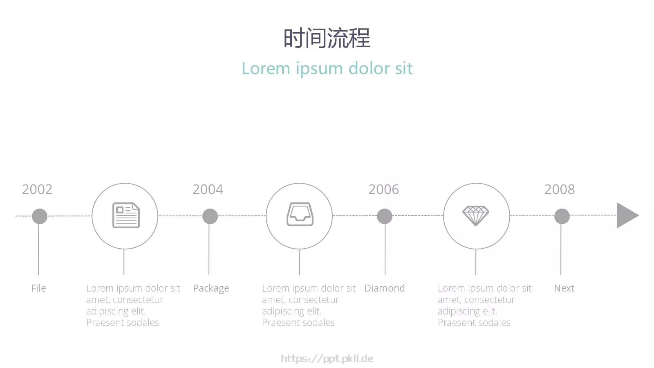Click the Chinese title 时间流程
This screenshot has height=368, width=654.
[327, 38]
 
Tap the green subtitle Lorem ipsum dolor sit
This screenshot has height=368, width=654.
[327, 68]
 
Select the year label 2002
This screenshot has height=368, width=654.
[37, 189]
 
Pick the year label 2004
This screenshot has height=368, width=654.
[208, 189]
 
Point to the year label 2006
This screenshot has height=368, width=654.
[384, 189]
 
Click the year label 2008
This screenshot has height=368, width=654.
[560, 189]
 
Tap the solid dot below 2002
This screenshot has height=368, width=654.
[40, 216]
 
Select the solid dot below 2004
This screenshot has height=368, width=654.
[210, 216]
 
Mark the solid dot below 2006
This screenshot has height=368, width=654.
[385, 216]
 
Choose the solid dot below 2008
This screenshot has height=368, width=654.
[562, 216]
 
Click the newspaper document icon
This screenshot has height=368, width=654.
[126, 215]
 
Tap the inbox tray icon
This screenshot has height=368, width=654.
[300, 214]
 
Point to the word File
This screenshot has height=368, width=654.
[38, 288]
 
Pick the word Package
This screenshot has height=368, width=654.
[211, 289]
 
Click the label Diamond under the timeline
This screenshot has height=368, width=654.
[385, 288]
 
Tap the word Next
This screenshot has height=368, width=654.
[564, 288]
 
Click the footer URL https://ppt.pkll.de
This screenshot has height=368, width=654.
[327, 359]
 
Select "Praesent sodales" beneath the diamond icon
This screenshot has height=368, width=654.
[474, 323]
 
